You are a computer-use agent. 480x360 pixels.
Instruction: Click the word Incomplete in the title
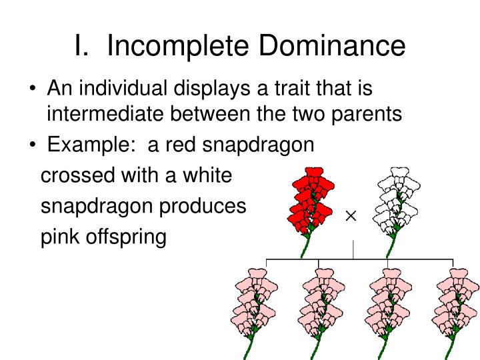tap(178, 46)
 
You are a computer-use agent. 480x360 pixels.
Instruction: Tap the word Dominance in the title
tap(332, 45)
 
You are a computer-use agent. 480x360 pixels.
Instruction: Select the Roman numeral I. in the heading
tap(82, 45)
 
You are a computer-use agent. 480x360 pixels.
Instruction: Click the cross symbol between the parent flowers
tap(351, 216)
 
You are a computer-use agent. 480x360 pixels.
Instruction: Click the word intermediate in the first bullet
tap(105, 113)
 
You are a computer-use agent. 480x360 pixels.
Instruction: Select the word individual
tap(123, 88)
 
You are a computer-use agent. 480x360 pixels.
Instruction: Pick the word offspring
tap(126, 237)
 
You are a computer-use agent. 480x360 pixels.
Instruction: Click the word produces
tap(203, 207)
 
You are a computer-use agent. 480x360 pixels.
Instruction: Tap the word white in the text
tap(207, 175)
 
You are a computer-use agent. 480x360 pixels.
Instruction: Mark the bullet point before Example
tap(33, 144)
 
